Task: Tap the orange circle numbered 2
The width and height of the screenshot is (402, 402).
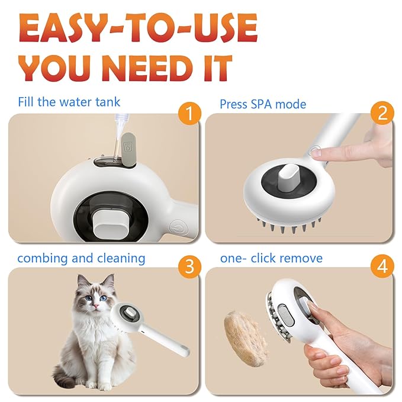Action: tap(381, 112)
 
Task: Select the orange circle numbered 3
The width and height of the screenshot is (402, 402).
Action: tap(188, 266)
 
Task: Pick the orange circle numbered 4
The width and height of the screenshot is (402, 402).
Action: tap(382, 266)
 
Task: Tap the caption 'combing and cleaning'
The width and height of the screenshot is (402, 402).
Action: tap(81, 258)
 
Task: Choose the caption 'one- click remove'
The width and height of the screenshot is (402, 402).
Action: tap(271, 258)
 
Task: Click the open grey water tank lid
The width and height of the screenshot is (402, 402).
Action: tap(127, 147)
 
